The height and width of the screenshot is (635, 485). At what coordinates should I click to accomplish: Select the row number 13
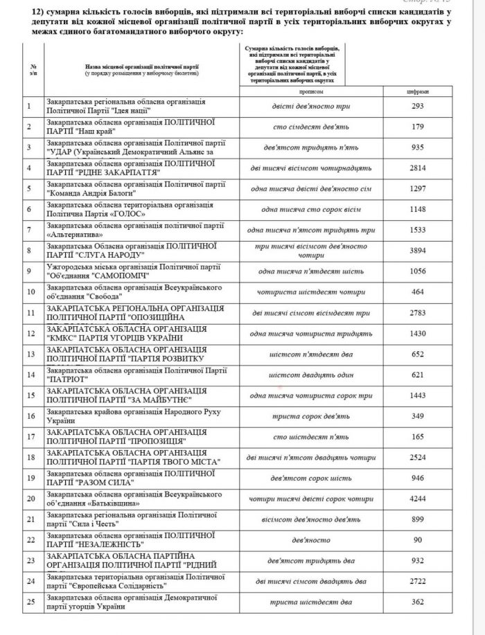[x=29, y=354]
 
